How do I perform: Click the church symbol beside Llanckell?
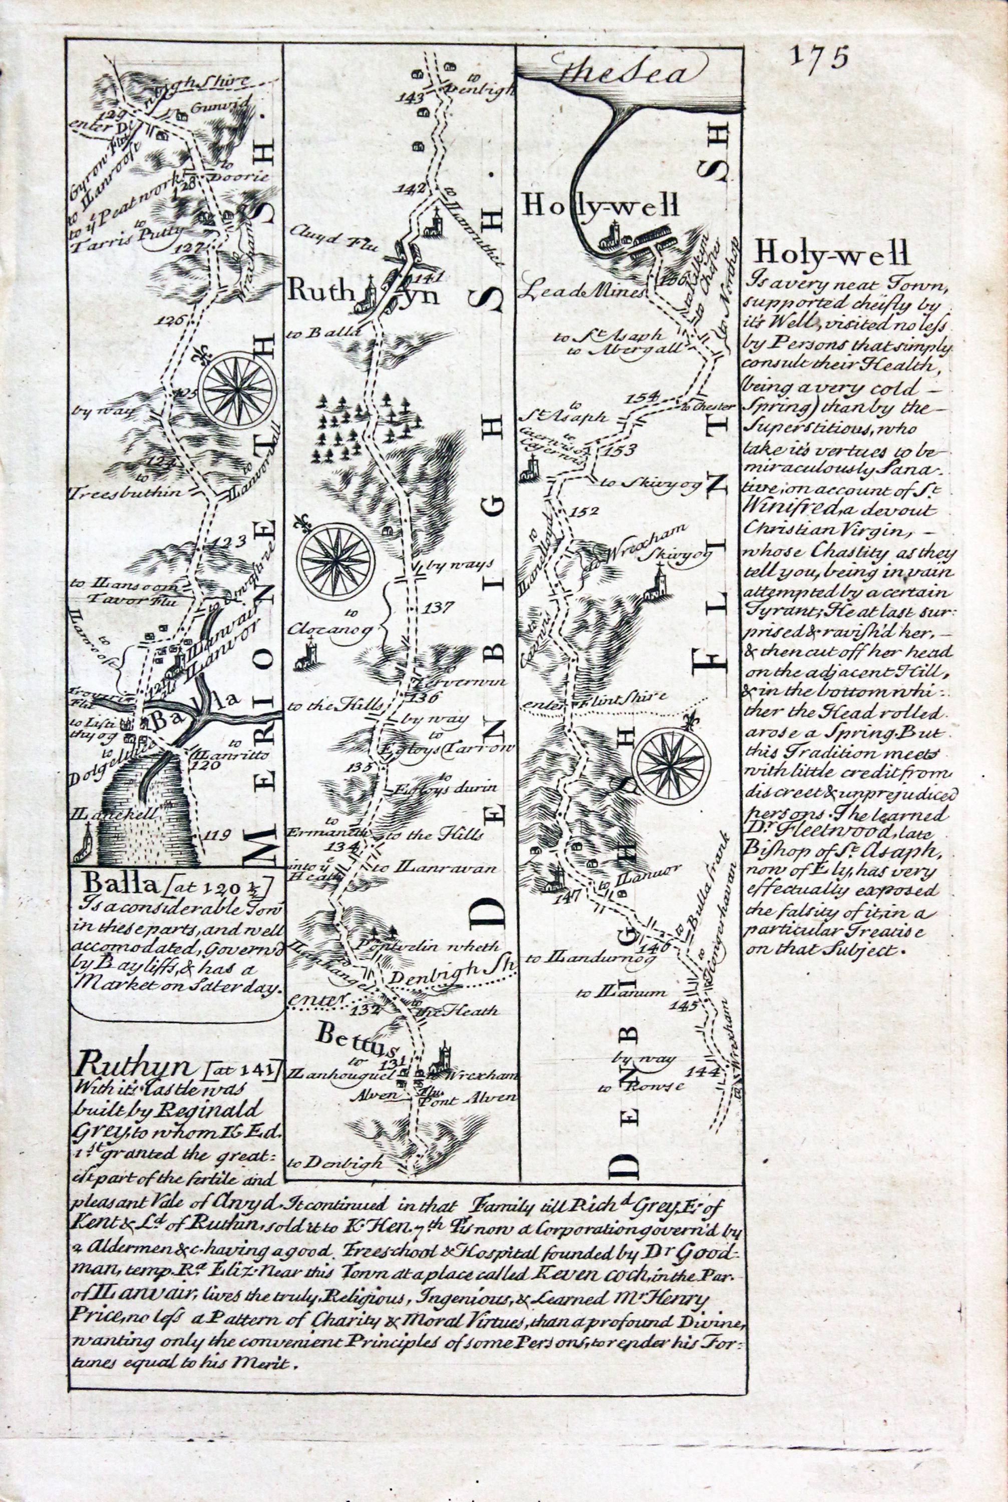(82, 849)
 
